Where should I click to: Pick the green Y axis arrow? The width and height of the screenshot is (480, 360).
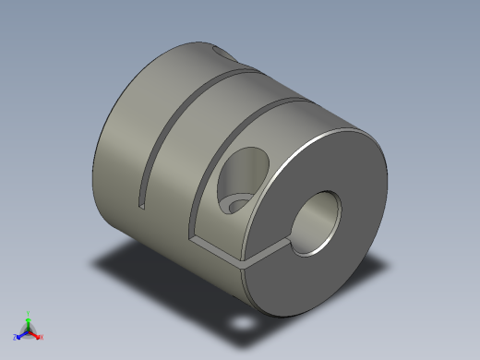[x=28, y=319]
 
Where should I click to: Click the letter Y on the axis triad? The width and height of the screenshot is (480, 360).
[x=29, y=312]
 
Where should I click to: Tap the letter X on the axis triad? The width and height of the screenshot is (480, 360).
[x=42, y=338]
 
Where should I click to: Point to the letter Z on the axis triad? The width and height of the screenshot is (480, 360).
[x=16, y=339]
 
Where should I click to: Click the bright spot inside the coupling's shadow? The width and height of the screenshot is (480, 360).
[x=243, y=325]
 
